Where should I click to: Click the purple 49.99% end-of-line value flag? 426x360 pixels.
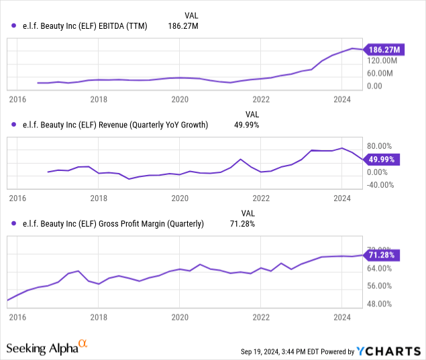click(x=382, y=160)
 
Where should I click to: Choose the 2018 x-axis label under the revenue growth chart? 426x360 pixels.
click(x=99, y=199)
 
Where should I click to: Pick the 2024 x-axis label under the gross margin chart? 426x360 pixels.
click(x=342, y=316)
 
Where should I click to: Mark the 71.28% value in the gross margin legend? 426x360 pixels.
click(x=243, y=224)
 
